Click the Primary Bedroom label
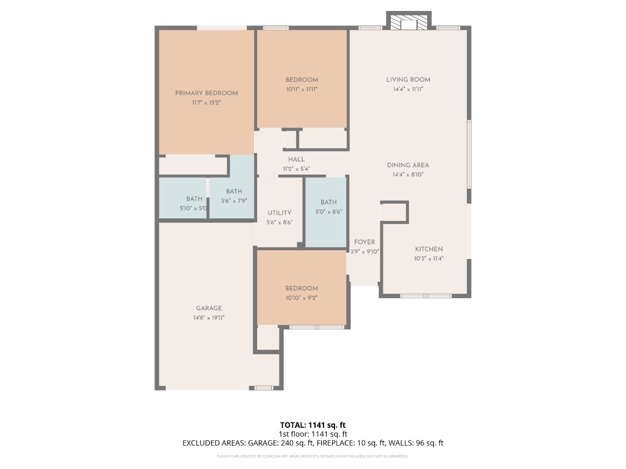[x=206, y=93]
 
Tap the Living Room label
[x=408, y=80]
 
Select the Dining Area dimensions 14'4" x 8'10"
[x=408, y=175]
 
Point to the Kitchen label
[x=429, y=249]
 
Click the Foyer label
[x=365, y=242]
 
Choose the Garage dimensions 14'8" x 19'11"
[x=209, y=317]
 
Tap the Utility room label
[x=280, y=213]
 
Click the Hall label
[x=296, y=159]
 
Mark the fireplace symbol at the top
[x=408, y=21]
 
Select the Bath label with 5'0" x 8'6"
[x=329, y=202]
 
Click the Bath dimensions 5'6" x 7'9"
[x=234, y=201]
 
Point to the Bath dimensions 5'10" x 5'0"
[x=194, y=208]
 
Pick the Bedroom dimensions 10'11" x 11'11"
[x=302, y=89]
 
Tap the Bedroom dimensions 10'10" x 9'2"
[x=302, y=298]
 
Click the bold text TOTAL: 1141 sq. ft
[x=313, y=425]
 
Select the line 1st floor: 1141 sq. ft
[x=313, y=434]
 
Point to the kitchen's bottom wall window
[x=426, y=296]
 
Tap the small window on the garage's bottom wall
[x=263, y=388]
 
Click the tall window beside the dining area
[x=469, y=154]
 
